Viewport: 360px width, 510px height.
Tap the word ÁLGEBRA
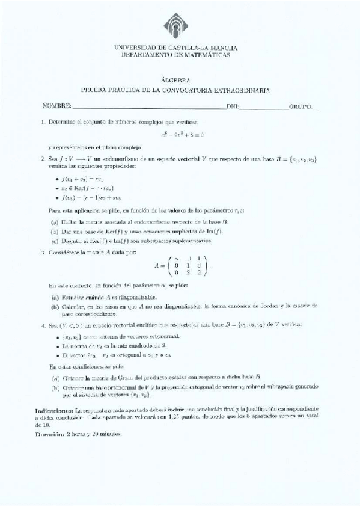176,79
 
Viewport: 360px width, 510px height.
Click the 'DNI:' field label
233,106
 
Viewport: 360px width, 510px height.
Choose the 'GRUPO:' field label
301,106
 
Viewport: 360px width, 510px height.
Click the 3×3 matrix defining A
180,266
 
